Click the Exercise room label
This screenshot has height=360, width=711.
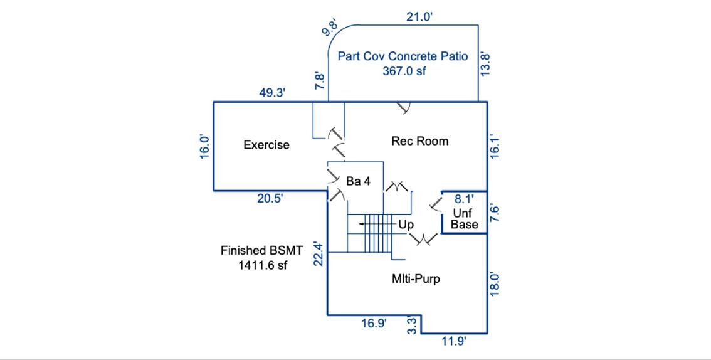[266, 145]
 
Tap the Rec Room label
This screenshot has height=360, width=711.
[419, 141]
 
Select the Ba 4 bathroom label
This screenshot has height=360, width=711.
[358, 181]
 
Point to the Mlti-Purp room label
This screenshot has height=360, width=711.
[416, 278]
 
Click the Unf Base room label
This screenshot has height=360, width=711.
[465, 218]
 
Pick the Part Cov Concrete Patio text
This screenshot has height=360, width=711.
[403, 56]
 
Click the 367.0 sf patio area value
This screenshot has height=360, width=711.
[404, 71]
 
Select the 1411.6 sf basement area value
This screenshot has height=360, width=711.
[262, 265]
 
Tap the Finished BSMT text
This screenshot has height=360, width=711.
[261, 250]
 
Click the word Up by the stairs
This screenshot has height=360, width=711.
[406, 224]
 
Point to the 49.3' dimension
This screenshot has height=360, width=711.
[273, 93]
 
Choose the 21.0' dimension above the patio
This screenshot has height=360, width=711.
[419, 17]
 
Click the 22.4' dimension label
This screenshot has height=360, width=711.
[319, 254]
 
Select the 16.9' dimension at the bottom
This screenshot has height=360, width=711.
[374, 323]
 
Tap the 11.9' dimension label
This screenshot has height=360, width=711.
[454, 341]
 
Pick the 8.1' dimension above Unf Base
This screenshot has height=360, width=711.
[464, 200]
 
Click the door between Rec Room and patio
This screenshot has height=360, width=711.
[403, 108]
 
